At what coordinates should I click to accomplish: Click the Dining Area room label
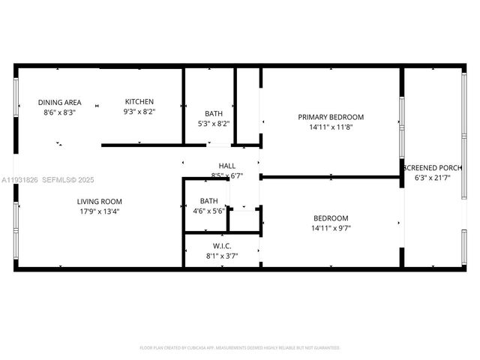pos(60,103)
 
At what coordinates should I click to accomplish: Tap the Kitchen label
pos(139,102)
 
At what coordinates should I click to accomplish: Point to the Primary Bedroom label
pos(331,117)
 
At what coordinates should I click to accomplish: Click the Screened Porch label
pos(434,167)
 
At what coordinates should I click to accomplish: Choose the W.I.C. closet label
pos(222,246)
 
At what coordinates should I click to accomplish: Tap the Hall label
pos(227,166)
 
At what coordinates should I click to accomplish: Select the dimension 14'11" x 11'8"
pos(331,127)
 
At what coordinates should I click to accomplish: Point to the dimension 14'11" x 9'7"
pos(331,228)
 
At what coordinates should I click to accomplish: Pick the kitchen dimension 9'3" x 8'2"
pos(139,112)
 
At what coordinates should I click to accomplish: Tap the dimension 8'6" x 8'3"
pos(60,112)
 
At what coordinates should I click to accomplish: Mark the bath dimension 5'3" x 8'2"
pos(209,124)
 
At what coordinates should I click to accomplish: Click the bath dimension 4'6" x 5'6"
pos(209,211)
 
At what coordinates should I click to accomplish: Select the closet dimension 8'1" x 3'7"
pos(222,256)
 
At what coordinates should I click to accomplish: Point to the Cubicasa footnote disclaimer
pos(240,348)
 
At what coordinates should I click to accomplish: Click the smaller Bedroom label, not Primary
pos(331,218)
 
